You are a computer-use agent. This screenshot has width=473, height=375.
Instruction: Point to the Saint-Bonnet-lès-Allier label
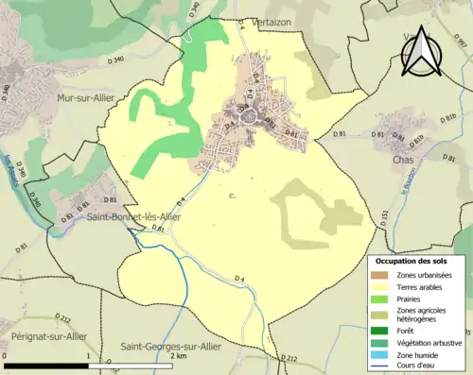point(133,216)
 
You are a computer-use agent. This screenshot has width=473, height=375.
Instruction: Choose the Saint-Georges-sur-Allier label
point(171,347)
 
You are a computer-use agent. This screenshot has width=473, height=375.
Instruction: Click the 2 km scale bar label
point(177,357)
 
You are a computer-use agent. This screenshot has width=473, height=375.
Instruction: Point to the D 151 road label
point(384,218)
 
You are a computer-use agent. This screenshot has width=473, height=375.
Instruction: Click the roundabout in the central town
point(251,118)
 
